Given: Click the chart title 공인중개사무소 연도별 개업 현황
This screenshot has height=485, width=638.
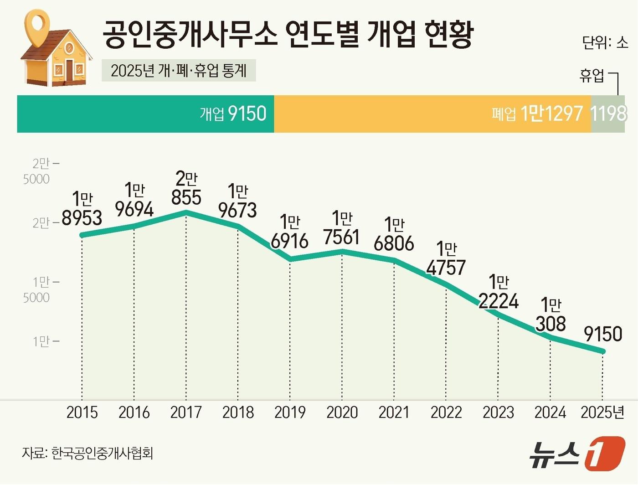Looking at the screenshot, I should [x=288, y=34].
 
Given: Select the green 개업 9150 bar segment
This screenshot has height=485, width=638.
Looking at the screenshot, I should [x=145, y=114].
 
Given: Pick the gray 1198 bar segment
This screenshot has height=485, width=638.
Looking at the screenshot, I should [x=608, y=114].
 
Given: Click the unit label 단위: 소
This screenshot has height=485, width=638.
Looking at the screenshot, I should [x=605, y=42].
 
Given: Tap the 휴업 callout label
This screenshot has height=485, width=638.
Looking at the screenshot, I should [x=592, y=75].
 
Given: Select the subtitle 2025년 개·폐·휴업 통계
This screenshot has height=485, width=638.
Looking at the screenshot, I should [x=179, y=71].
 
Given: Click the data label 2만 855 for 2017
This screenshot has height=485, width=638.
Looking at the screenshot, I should [x=186, y=189].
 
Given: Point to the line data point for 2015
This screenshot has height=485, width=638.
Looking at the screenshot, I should [x=82, y=235].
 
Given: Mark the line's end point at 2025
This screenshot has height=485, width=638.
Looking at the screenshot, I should [x=603, y=351].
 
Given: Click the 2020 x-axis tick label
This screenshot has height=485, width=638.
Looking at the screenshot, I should [x=342, y=413].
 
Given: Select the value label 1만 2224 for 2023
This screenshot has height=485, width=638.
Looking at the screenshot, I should [x=499, y=292].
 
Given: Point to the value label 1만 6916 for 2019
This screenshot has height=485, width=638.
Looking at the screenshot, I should [x=290, y=232].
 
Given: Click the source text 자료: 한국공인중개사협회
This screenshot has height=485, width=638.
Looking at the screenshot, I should [x=87, y=453].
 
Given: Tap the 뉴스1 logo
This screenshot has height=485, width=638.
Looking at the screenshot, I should [x=576, y=454].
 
